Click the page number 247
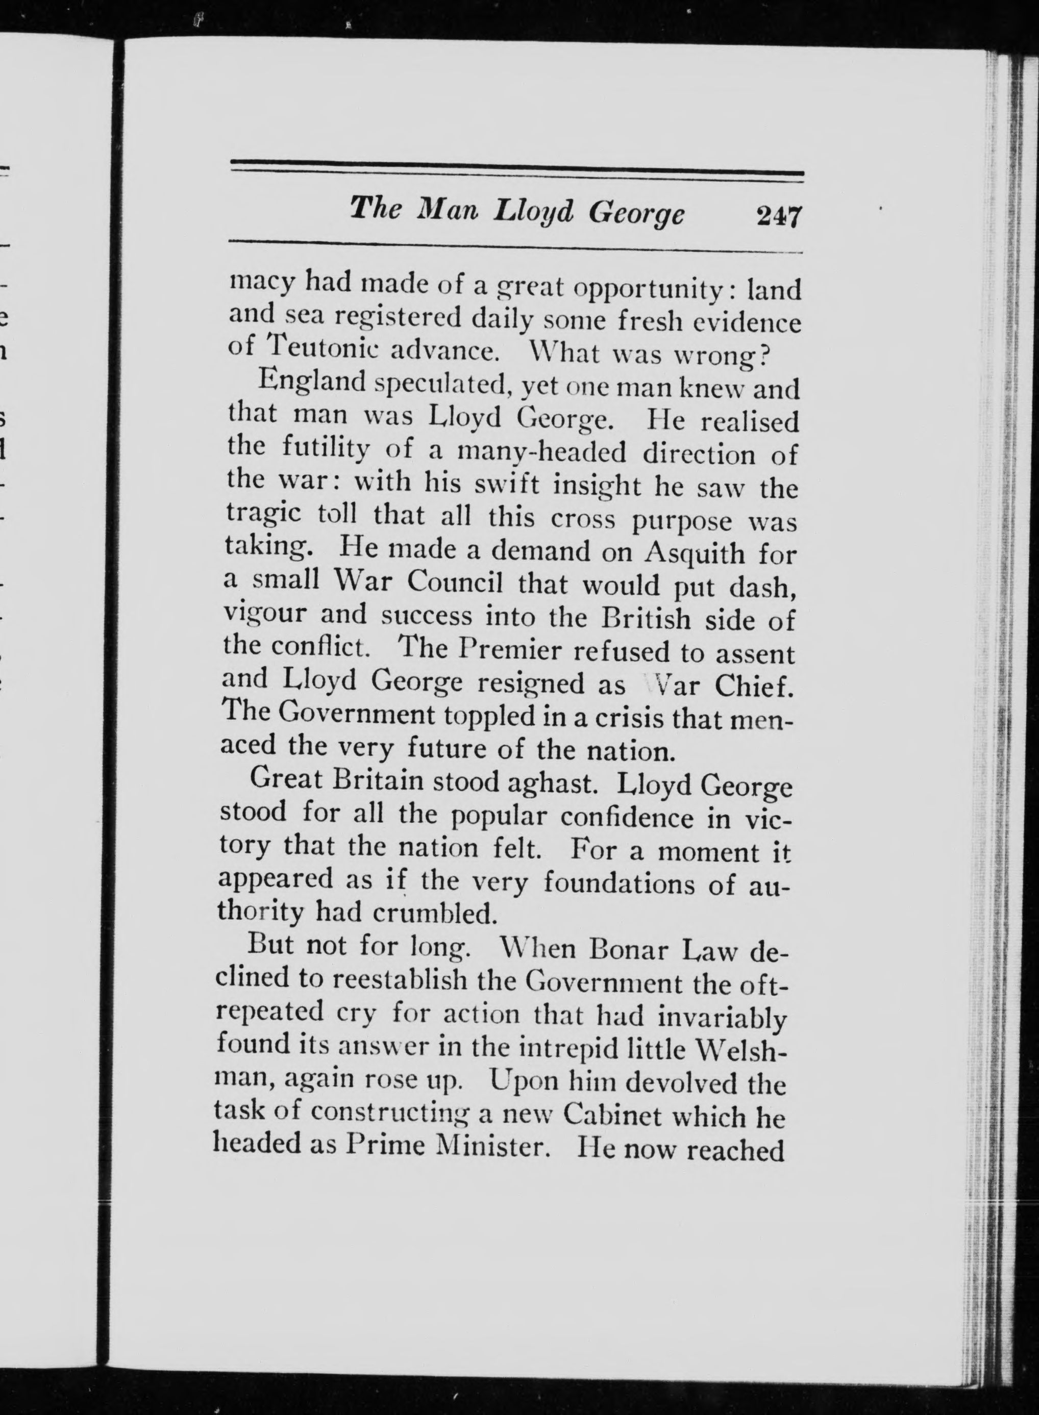tap(779, 217)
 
